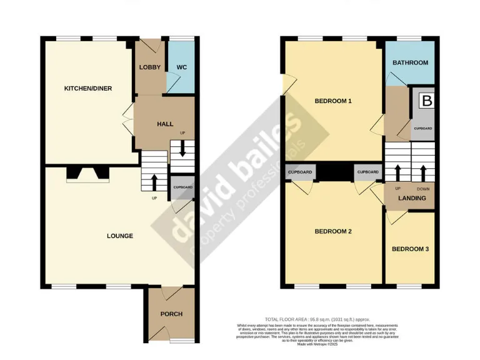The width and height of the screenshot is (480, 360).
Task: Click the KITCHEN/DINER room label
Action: tap(88, 89)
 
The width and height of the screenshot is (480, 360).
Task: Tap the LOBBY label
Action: tap(150, 67)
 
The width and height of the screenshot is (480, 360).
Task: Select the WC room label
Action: tap(182, 67)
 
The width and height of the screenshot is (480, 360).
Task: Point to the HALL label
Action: tap(165, 124)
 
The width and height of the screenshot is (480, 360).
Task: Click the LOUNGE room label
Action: tap(120, 236)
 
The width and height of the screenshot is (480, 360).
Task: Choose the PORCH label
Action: tap(171, 314)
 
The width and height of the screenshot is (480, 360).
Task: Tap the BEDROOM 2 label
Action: tap(333, 231)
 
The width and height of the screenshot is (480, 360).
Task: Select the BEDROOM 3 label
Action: tap(410, 249)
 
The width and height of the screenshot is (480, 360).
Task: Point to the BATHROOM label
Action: tap(410, 62)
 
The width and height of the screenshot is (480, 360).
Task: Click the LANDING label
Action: tap(412, 199)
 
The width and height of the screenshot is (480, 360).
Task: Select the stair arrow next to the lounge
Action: tap(154, 181)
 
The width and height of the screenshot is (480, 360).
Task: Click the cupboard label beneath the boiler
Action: tap(422, 129)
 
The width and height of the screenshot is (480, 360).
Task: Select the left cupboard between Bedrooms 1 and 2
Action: tap(299, 172)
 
